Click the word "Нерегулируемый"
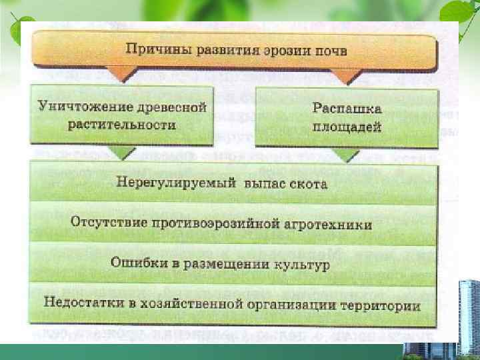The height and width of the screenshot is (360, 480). click(x=173, y=182)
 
